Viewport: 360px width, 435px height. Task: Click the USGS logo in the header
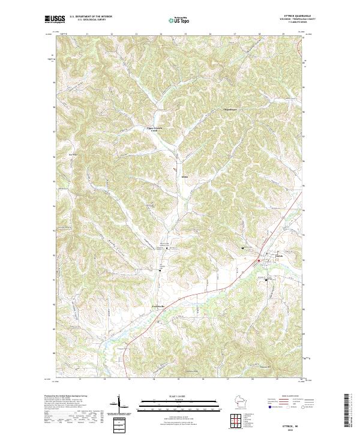tap(55, 19)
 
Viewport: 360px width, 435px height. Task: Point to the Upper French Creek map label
tap(155, 129)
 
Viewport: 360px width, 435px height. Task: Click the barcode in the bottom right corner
tap(352, 413)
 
